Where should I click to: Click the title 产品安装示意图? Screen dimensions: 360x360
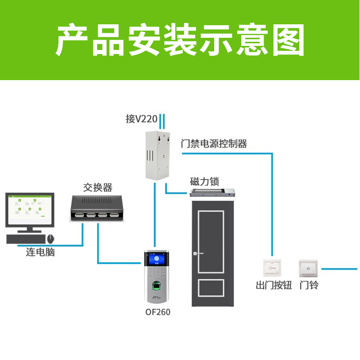180,40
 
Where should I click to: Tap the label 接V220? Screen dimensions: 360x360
141,119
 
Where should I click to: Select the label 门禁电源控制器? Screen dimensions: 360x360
214,144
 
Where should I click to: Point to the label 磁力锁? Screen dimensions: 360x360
204,182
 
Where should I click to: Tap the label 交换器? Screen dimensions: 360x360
98,187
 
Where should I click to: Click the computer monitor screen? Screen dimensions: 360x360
30,211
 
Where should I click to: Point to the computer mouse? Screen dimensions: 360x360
51,238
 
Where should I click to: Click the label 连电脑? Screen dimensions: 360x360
40,252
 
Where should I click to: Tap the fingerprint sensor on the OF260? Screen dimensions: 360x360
157,285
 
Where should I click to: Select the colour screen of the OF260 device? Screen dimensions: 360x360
157,260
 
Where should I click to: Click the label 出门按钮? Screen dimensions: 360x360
274,285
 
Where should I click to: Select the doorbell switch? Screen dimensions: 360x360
308,269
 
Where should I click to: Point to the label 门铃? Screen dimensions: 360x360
309,285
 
